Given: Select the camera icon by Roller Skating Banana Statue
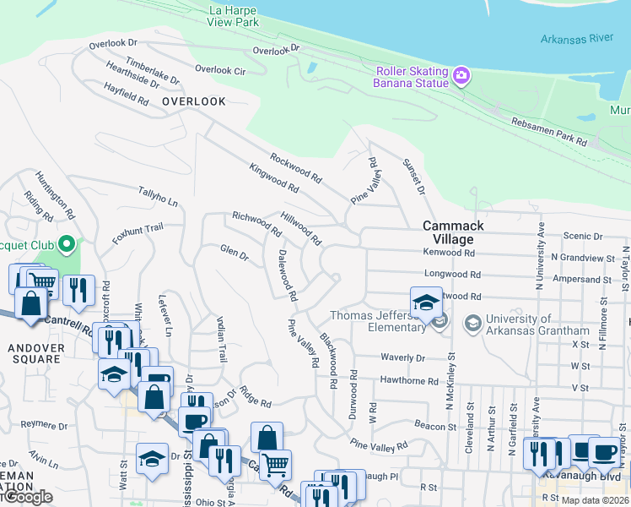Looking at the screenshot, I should (461, 76).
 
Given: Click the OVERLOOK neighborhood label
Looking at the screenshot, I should (194, 101).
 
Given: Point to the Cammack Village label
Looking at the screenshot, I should (453, 232).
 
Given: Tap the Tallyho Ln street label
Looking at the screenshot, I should (158, 197).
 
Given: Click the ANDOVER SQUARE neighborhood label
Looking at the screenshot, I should (35, 353).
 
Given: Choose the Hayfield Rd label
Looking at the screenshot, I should (127, 93).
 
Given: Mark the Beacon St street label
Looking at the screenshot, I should (435, 427).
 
